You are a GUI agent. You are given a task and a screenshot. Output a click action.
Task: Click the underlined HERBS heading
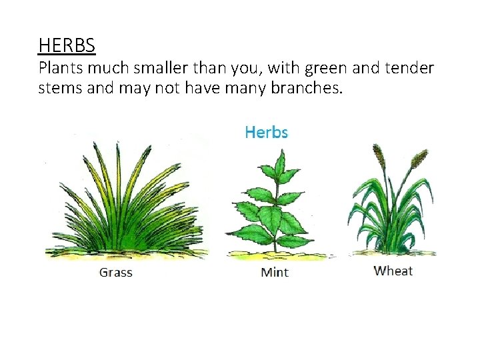(x=67, y=45)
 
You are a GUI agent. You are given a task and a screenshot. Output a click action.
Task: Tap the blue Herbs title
(x=266, y=132)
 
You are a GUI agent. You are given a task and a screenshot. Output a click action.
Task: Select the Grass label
(x=116, y=272)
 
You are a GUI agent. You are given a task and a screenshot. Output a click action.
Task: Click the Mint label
(x=275, y=273)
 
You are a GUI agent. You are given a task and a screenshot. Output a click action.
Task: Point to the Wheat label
(x=393, y=271)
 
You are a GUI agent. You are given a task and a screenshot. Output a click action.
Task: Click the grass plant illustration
(x=123, y=200)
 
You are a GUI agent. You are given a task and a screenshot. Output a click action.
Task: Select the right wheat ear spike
(x=419, y=159)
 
